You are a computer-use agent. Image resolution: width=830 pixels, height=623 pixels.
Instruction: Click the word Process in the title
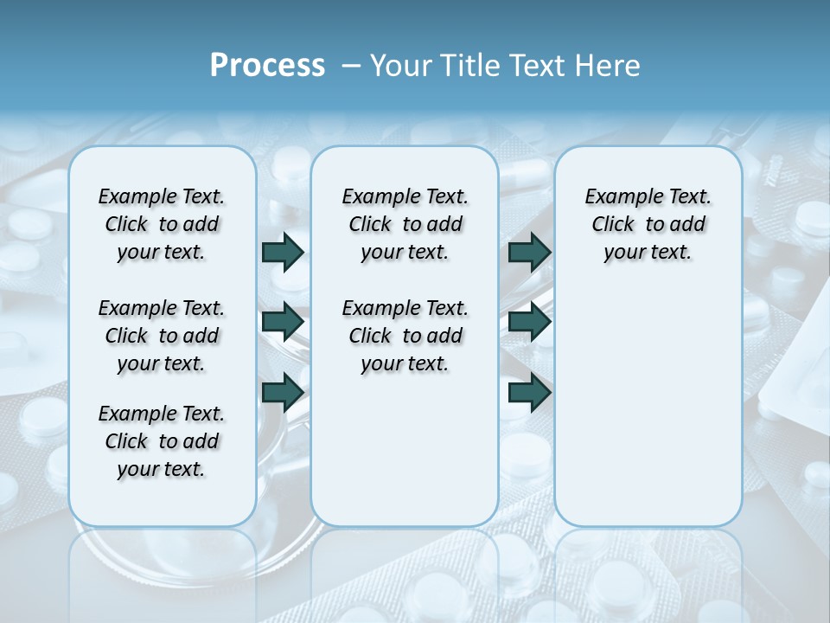coord(267,66)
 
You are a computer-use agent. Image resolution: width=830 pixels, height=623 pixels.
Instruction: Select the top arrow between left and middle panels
coord(283,252)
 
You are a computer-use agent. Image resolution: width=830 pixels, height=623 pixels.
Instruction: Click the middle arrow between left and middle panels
coord(283,322)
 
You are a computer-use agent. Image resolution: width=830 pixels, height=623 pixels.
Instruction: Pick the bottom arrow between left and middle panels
coord(283,392)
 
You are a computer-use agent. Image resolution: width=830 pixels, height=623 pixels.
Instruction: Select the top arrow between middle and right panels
coord(529,252)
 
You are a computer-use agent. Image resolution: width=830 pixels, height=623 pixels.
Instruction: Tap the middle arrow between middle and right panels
coord(529,322)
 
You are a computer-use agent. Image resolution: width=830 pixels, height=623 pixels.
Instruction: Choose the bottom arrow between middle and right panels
coord(529,392)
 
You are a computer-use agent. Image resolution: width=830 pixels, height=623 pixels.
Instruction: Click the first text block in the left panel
coord(162,224)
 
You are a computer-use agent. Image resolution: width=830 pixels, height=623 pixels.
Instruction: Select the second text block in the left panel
coord(162,336)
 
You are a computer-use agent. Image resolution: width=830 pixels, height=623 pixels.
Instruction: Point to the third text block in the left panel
coord(162,441)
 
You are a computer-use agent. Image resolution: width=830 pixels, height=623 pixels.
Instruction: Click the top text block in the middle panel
coord(405,224)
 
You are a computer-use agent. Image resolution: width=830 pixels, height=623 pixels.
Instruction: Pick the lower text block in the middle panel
coord(405,336)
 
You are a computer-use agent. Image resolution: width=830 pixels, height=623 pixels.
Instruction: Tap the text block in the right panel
coord(648,224)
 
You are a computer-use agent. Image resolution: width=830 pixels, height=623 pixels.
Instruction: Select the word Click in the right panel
coord(613,225)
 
